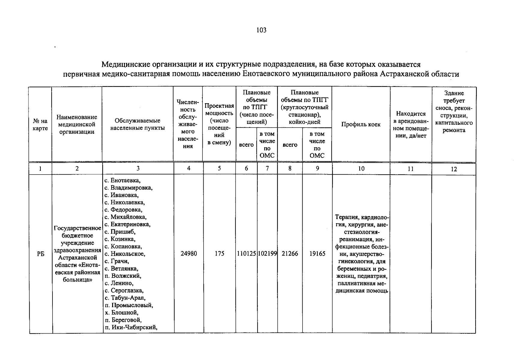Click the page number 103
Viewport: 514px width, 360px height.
click(261, 30)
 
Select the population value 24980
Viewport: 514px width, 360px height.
click(189, 254)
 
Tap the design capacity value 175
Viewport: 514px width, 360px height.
click(220, 254)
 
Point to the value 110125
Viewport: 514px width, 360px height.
click(246, 254)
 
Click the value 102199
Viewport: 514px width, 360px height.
click(267, 254)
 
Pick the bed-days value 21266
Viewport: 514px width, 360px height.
click(290, 254)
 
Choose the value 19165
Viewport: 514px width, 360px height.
click(317, 254)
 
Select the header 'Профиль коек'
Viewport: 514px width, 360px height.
click(361, 124)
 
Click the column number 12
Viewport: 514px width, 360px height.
click(454, 169)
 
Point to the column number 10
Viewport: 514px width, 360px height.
click(361, 169)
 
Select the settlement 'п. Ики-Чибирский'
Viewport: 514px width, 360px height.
click(131, 327)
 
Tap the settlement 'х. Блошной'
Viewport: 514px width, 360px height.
click(121, 313)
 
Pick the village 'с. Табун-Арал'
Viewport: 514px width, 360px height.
click(125, 298)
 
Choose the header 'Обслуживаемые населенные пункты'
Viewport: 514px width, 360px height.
click(138, 124)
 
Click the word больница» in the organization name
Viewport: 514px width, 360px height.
click(77, 280)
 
